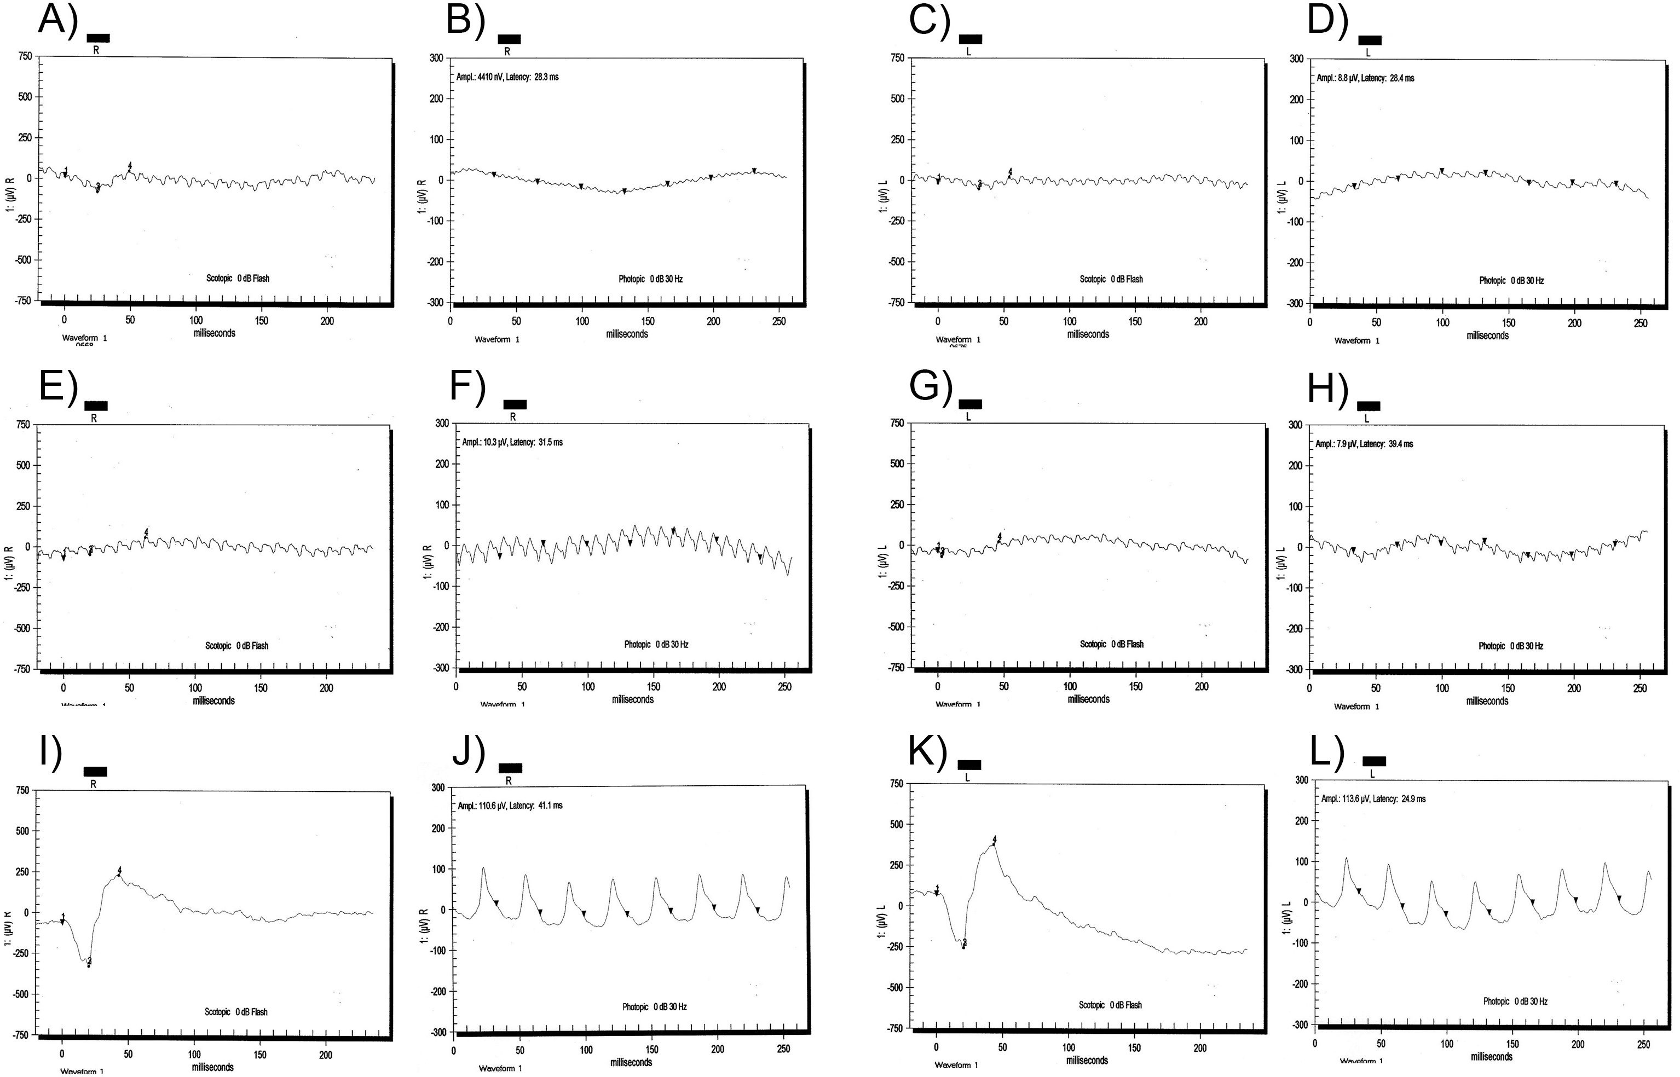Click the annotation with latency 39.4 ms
coord(1364,444)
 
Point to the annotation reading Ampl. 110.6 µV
coord(510,806)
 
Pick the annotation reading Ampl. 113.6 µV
coord(1373,798)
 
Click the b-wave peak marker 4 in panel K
coord(994,840)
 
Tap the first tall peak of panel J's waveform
coord(483,869)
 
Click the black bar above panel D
coord(1370,40)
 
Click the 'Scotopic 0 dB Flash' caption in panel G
coord(1111,644)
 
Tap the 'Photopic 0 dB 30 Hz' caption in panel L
coord(1515,1001)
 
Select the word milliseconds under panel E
coord(213,700)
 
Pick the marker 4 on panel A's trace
coord(129,166)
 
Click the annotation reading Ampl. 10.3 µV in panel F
coord(512,443)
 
